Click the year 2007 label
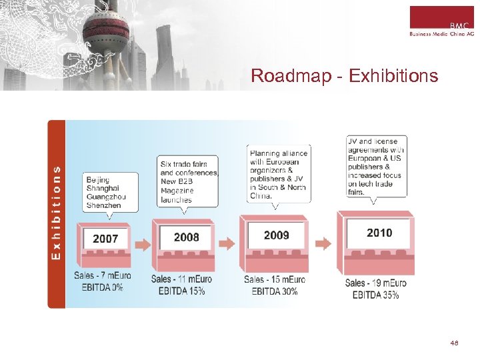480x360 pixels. [105, 239]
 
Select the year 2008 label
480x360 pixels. [186, 237]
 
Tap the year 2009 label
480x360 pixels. [276, 235]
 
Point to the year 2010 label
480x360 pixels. [379, 233]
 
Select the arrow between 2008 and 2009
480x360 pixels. [227, 243]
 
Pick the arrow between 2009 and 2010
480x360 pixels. [323, 243]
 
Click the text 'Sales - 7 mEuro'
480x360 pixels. [103, 275]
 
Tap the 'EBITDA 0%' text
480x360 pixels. [103, 287]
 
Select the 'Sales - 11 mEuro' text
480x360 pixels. [182, 279]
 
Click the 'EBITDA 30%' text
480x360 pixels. [275, 291]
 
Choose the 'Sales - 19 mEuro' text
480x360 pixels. [376, 283]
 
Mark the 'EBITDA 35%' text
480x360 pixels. [376, 295]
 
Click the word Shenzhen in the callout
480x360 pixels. [104, 205]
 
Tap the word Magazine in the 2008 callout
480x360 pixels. [177, 191]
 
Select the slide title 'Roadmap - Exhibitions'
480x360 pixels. [344, 76]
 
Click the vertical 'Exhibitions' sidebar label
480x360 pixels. [57, 213]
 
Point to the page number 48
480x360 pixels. [454, 343]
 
